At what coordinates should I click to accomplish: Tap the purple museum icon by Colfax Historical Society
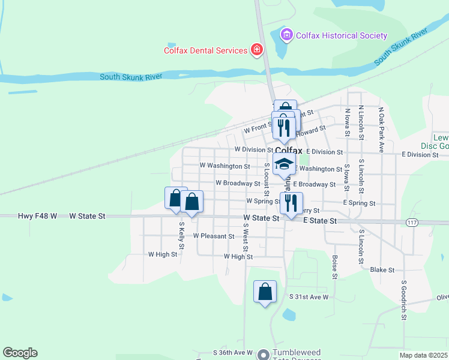287,35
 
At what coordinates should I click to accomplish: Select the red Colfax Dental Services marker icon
258,50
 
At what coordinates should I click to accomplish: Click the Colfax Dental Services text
206,50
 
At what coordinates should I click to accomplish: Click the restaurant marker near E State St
291,203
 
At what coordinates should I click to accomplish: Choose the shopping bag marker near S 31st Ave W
265,293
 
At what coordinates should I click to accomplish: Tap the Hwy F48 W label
37,215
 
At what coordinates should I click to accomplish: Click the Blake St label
381,270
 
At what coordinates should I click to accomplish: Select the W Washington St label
224,166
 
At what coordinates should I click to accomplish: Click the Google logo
20,353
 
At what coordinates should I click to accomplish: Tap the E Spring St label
359,203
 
